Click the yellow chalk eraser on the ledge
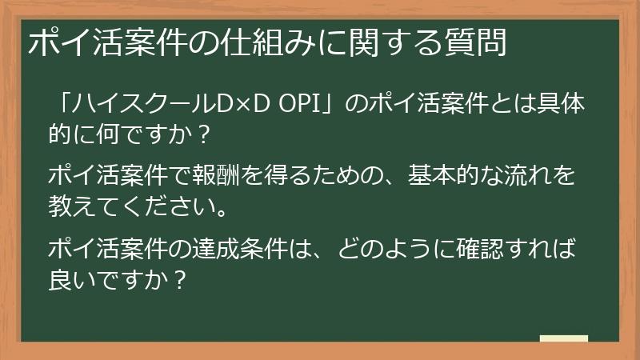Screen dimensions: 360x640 click(563, 338)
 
